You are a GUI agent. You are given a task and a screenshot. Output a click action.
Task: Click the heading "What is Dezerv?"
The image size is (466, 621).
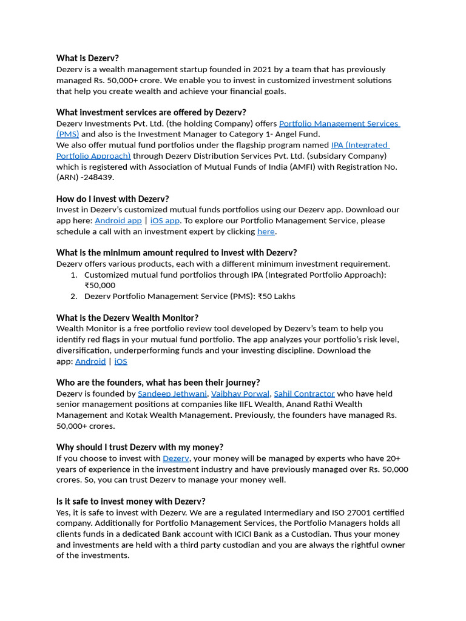(87, 58)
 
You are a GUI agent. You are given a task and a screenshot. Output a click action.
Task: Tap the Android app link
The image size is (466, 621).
(118, 221)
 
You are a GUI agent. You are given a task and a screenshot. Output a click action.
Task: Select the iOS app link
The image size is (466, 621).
(165, 221)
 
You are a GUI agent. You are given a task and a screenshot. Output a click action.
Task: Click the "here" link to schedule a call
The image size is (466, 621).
(266, 232)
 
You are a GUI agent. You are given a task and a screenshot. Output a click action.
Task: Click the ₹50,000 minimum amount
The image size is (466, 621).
(100, 286)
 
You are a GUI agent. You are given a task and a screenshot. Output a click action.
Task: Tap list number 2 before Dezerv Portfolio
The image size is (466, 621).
(73, 297)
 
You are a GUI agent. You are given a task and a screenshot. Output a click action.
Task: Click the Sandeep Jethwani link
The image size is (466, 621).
(172, 394)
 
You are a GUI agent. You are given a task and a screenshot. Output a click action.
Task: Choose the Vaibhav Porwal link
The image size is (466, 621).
(240, 394)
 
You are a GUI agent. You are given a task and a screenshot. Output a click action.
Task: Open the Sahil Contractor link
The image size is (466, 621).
(304, 394)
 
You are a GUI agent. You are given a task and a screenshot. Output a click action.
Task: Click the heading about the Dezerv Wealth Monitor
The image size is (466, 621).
(127, 318)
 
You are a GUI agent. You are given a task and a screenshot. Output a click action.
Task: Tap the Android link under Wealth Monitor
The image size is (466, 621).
(90, 361)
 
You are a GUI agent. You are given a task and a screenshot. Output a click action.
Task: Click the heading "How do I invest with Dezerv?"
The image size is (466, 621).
(113, 199)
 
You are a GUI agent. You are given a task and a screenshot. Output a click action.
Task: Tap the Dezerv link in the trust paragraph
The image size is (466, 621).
(176, 458)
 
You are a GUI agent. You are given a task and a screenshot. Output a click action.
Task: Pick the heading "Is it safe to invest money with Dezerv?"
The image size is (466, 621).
(131, 502)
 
